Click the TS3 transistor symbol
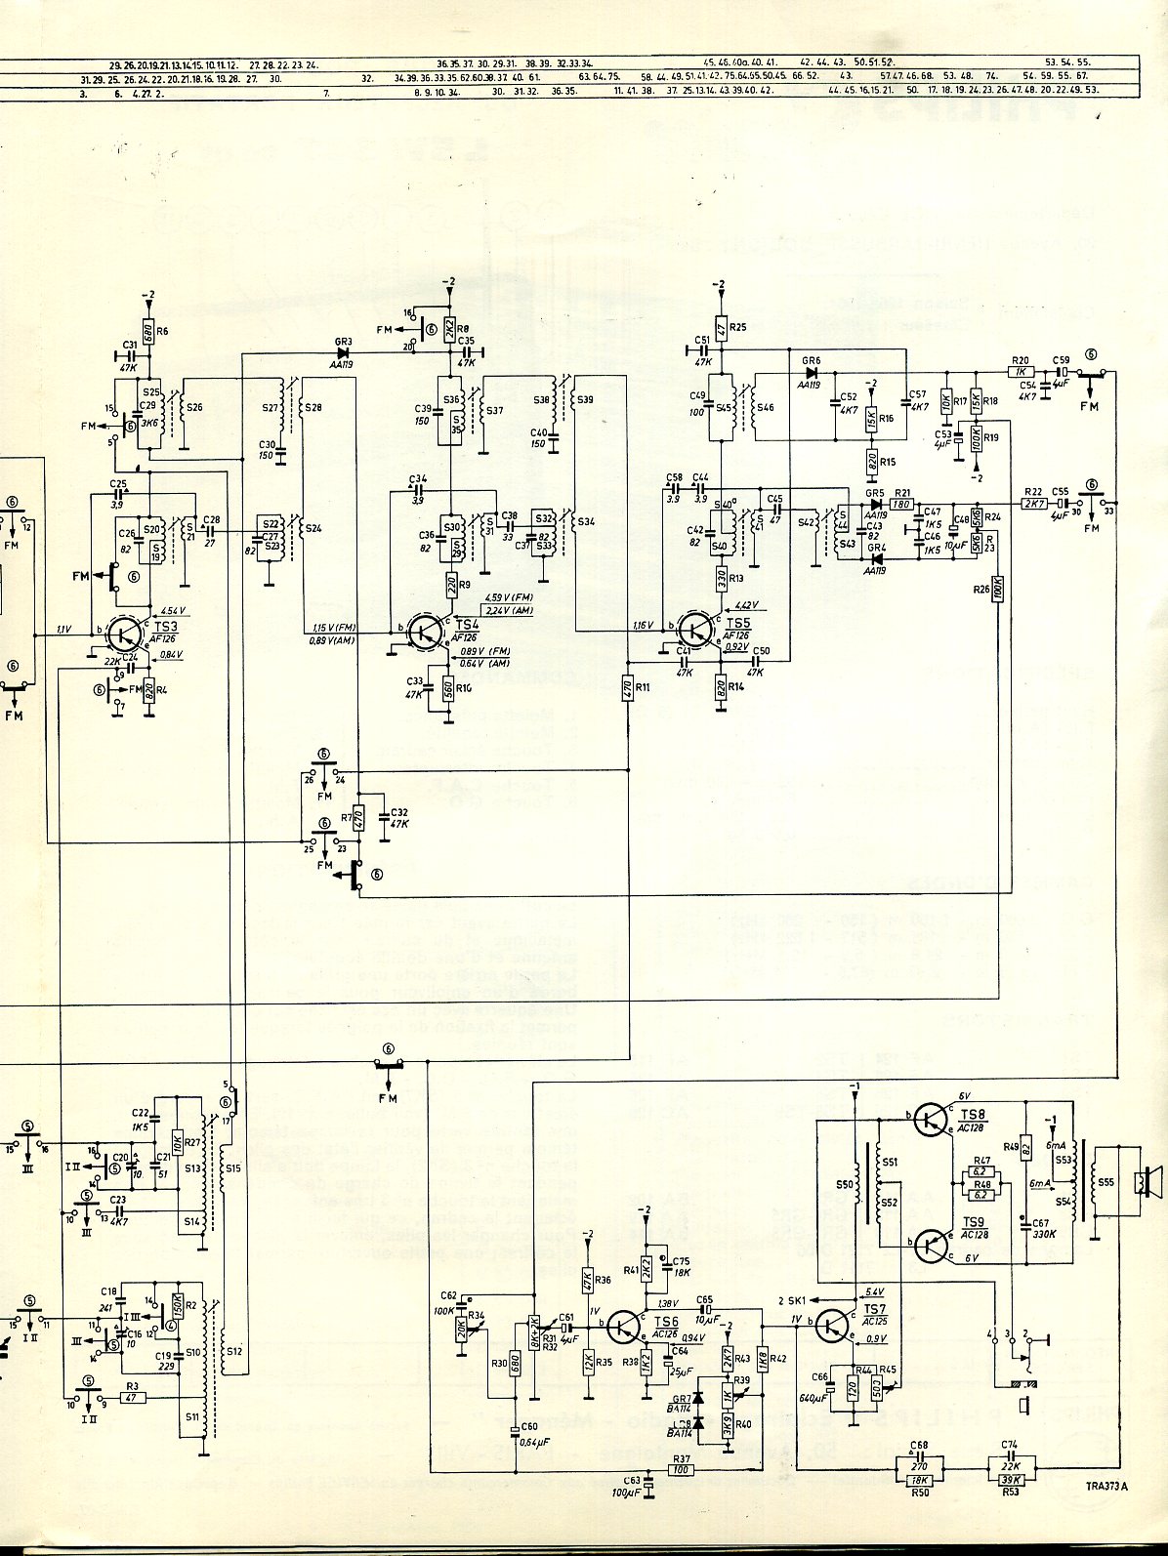124,634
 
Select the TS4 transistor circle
426,630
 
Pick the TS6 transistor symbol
626,1325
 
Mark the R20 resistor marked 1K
1021,371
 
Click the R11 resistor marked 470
626,686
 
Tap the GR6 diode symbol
812,372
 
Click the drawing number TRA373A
1105,1514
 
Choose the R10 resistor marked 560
446,688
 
